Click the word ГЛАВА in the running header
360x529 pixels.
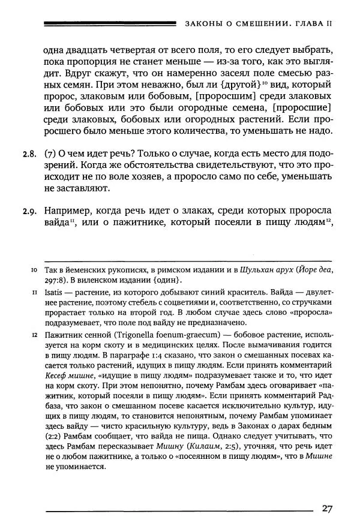click(304, 25)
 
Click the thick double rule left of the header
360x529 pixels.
click(110, 24)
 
